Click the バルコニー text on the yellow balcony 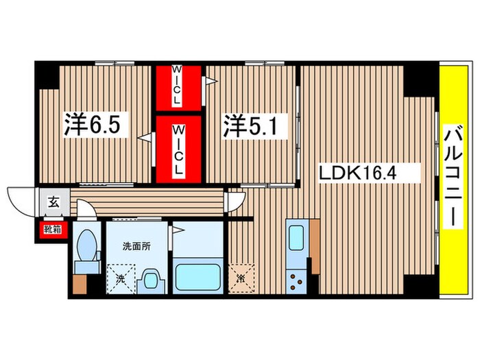tap(453, 177)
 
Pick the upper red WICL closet tap(178, 88)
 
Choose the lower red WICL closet tap(178, 149)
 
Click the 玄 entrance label tap(53, 202)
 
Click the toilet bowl tap(87, 245)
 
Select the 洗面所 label tap(136, 245)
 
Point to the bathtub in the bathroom tap(198, 277)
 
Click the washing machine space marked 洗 tap(121, 278)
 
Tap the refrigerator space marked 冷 tap(241, 278)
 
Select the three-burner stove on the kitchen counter tap(296, 281)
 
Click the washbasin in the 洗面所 tap(151, 280)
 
